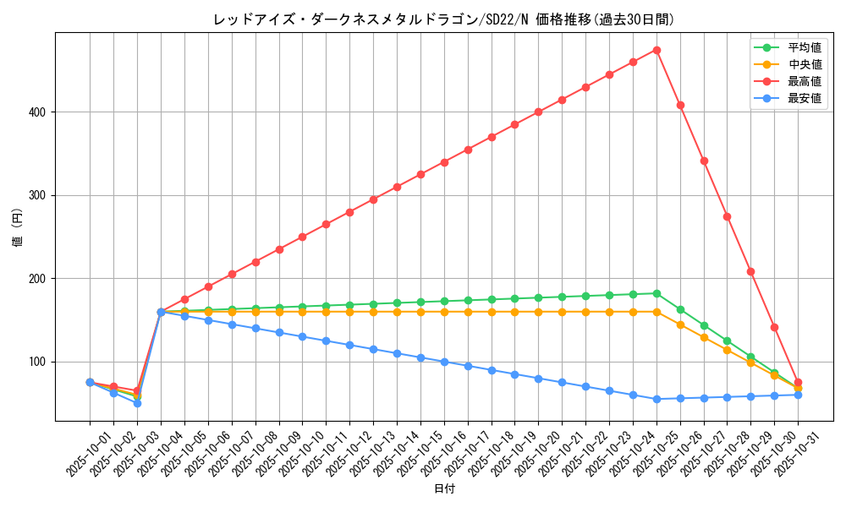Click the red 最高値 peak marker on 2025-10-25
[x=656, y=50]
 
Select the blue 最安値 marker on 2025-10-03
[x=137, y=403]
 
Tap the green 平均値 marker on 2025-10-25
[x=656, y=293]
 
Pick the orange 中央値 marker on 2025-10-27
[x=704, y=337]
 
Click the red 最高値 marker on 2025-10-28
[x=727, y=216]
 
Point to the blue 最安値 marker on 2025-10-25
[x=656, y=399]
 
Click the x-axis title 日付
[x=443, y=489]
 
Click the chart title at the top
[x=443, y=19]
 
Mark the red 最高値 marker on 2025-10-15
[x=420, y=174]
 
